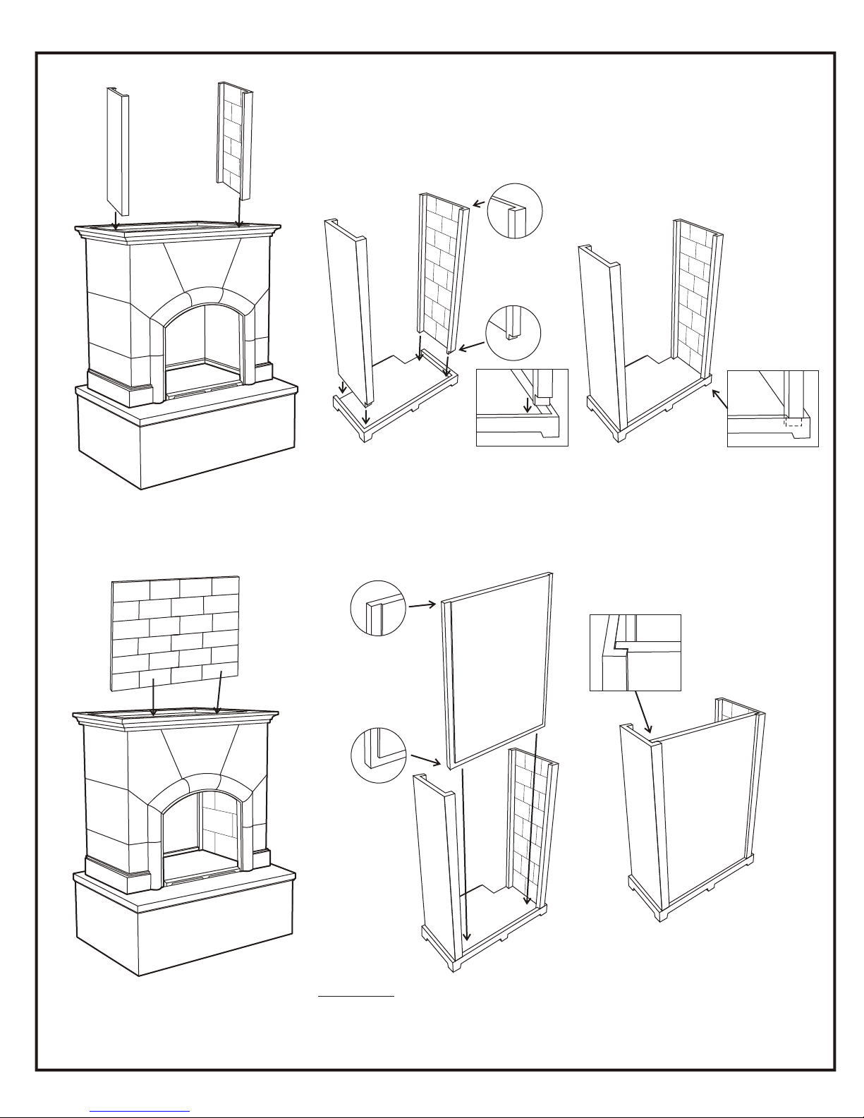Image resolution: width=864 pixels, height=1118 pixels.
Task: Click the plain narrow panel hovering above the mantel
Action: (x=118, y=152)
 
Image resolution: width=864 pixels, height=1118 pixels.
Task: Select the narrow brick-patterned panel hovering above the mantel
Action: (x=234, y=141)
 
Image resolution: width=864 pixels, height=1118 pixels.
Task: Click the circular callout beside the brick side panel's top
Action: (x=515, y=211)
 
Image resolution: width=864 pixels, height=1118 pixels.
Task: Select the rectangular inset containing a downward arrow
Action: (x=522, y=407)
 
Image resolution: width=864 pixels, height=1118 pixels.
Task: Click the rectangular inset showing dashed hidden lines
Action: (x=772, y=408)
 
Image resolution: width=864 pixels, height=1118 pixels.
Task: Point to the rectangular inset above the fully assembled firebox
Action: (x=635, y=652)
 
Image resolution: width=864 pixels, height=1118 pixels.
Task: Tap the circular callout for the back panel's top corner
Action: (x=378, y=608)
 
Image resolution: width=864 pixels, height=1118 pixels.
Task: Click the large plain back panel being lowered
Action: (x=497, y=670)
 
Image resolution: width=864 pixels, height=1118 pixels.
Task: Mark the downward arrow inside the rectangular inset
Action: (x=528, y=406)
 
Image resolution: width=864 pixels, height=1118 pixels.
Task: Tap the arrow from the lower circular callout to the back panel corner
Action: (x=425, y=760)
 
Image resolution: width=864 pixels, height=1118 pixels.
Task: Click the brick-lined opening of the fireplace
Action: (x=201, y=832)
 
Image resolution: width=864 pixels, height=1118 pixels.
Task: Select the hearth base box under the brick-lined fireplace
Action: (x=183, y=924)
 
